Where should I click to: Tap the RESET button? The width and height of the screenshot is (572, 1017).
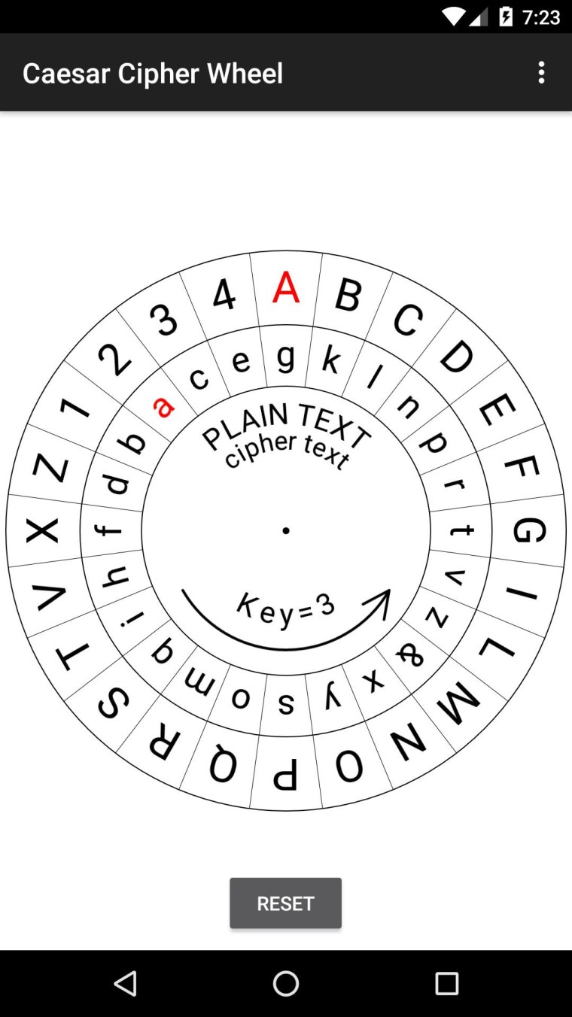coord(285,903)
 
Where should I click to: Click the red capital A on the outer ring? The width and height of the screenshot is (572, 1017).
coord(286,288)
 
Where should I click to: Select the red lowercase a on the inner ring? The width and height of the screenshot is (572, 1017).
coord(163,406)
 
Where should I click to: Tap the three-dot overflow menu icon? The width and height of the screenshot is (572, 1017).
coord(540,73)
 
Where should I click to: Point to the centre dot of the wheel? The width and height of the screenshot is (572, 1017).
coord(286,531)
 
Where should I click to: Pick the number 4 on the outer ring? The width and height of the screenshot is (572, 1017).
coord(224,296)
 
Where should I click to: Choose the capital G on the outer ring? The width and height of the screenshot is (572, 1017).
coord(529,530)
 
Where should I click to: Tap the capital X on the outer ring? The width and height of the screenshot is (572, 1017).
coord(42,531)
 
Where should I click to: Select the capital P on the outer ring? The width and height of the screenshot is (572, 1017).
coord(285,775)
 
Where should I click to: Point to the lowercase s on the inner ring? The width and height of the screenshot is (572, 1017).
coord(286,703)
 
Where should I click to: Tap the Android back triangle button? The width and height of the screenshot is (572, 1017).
coord(125,983)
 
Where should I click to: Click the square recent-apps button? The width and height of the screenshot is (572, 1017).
coord(446,983)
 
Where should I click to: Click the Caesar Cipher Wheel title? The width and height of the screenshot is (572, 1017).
coord(153,73)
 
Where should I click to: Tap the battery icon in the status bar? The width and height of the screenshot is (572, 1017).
coord(507,17)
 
